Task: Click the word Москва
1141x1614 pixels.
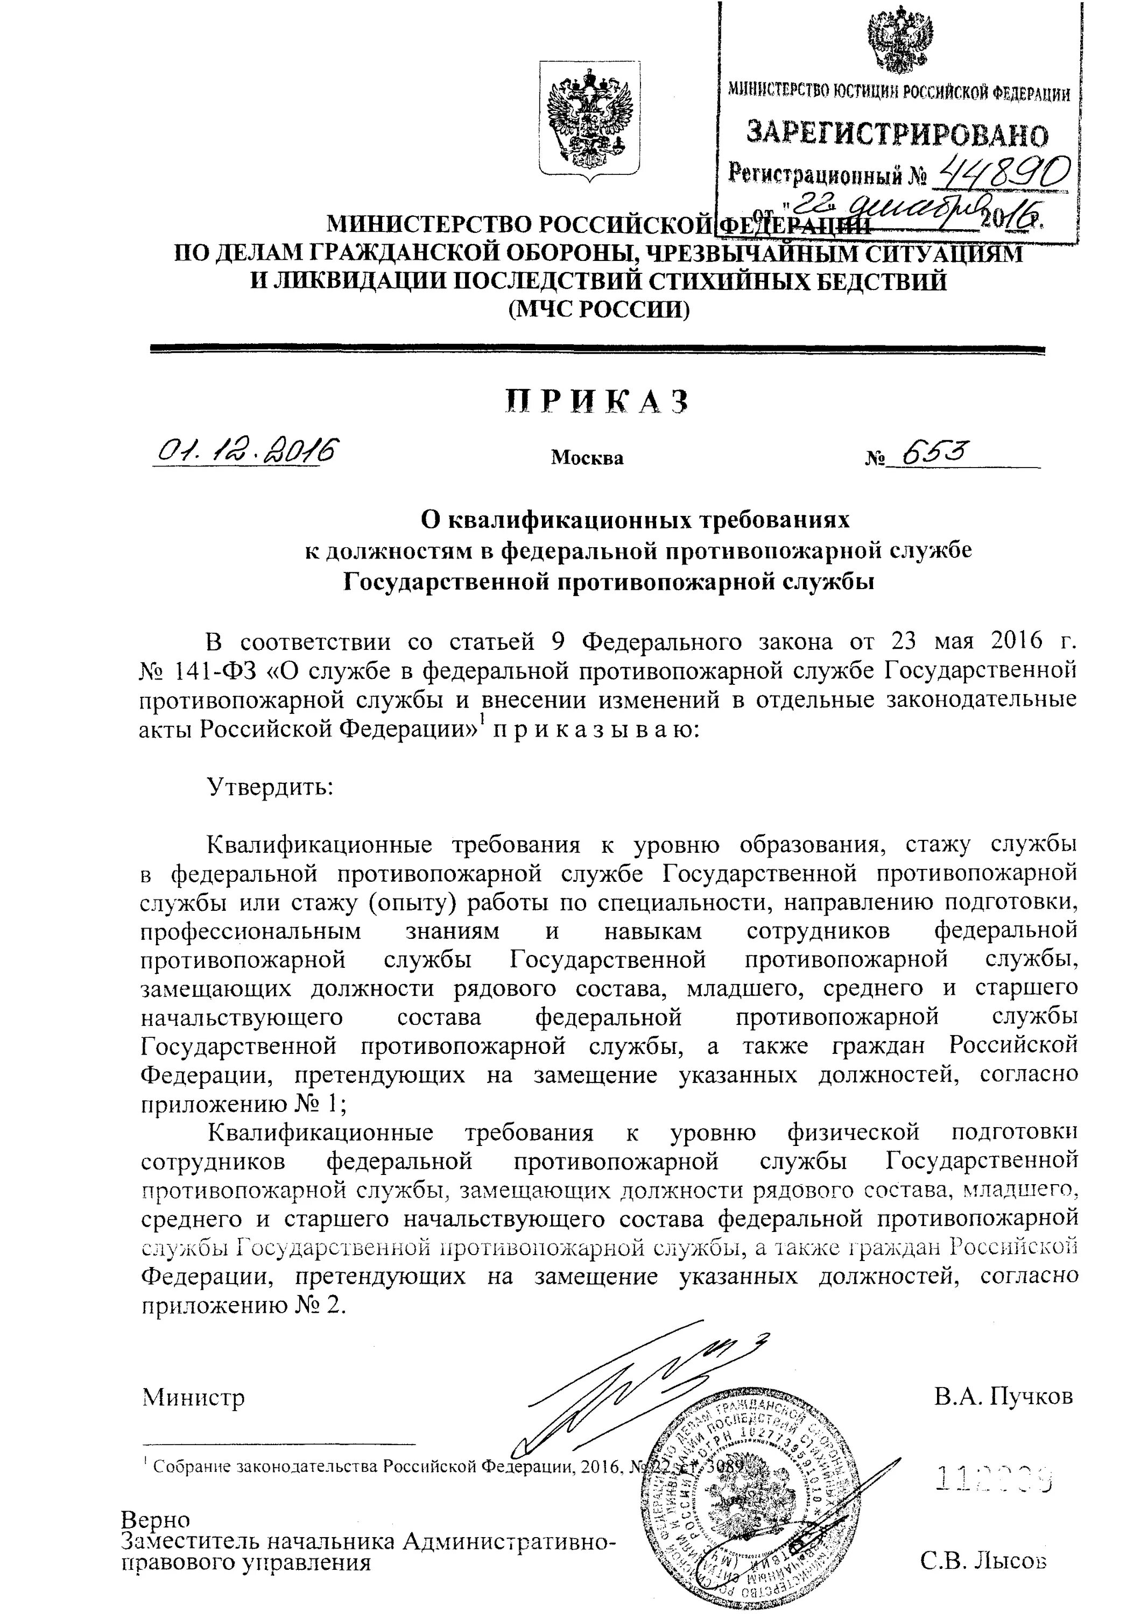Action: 587,458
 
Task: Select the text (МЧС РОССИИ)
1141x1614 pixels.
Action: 599,309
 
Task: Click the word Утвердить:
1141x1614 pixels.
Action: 269,786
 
